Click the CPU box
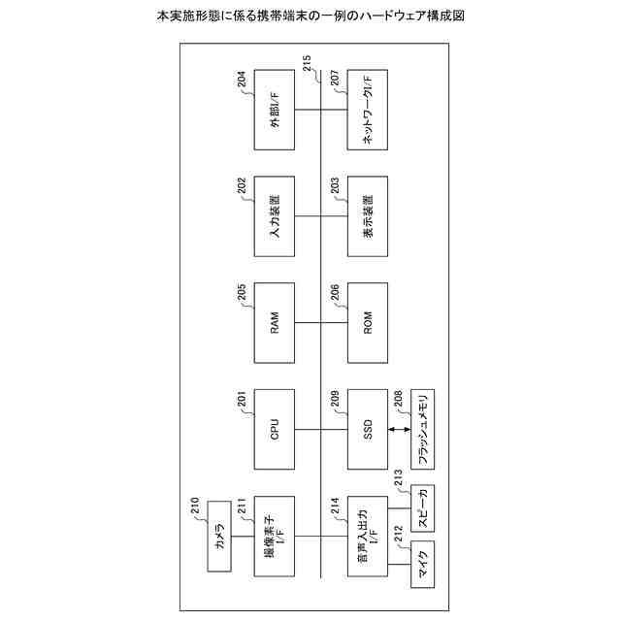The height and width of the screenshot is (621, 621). coord(275,428)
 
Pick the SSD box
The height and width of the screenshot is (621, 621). coord(368,428)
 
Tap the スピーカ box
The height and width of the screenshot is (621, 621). coord(425,508)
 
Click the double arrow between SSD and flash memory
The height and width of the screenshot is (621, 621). coord(400,428)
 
